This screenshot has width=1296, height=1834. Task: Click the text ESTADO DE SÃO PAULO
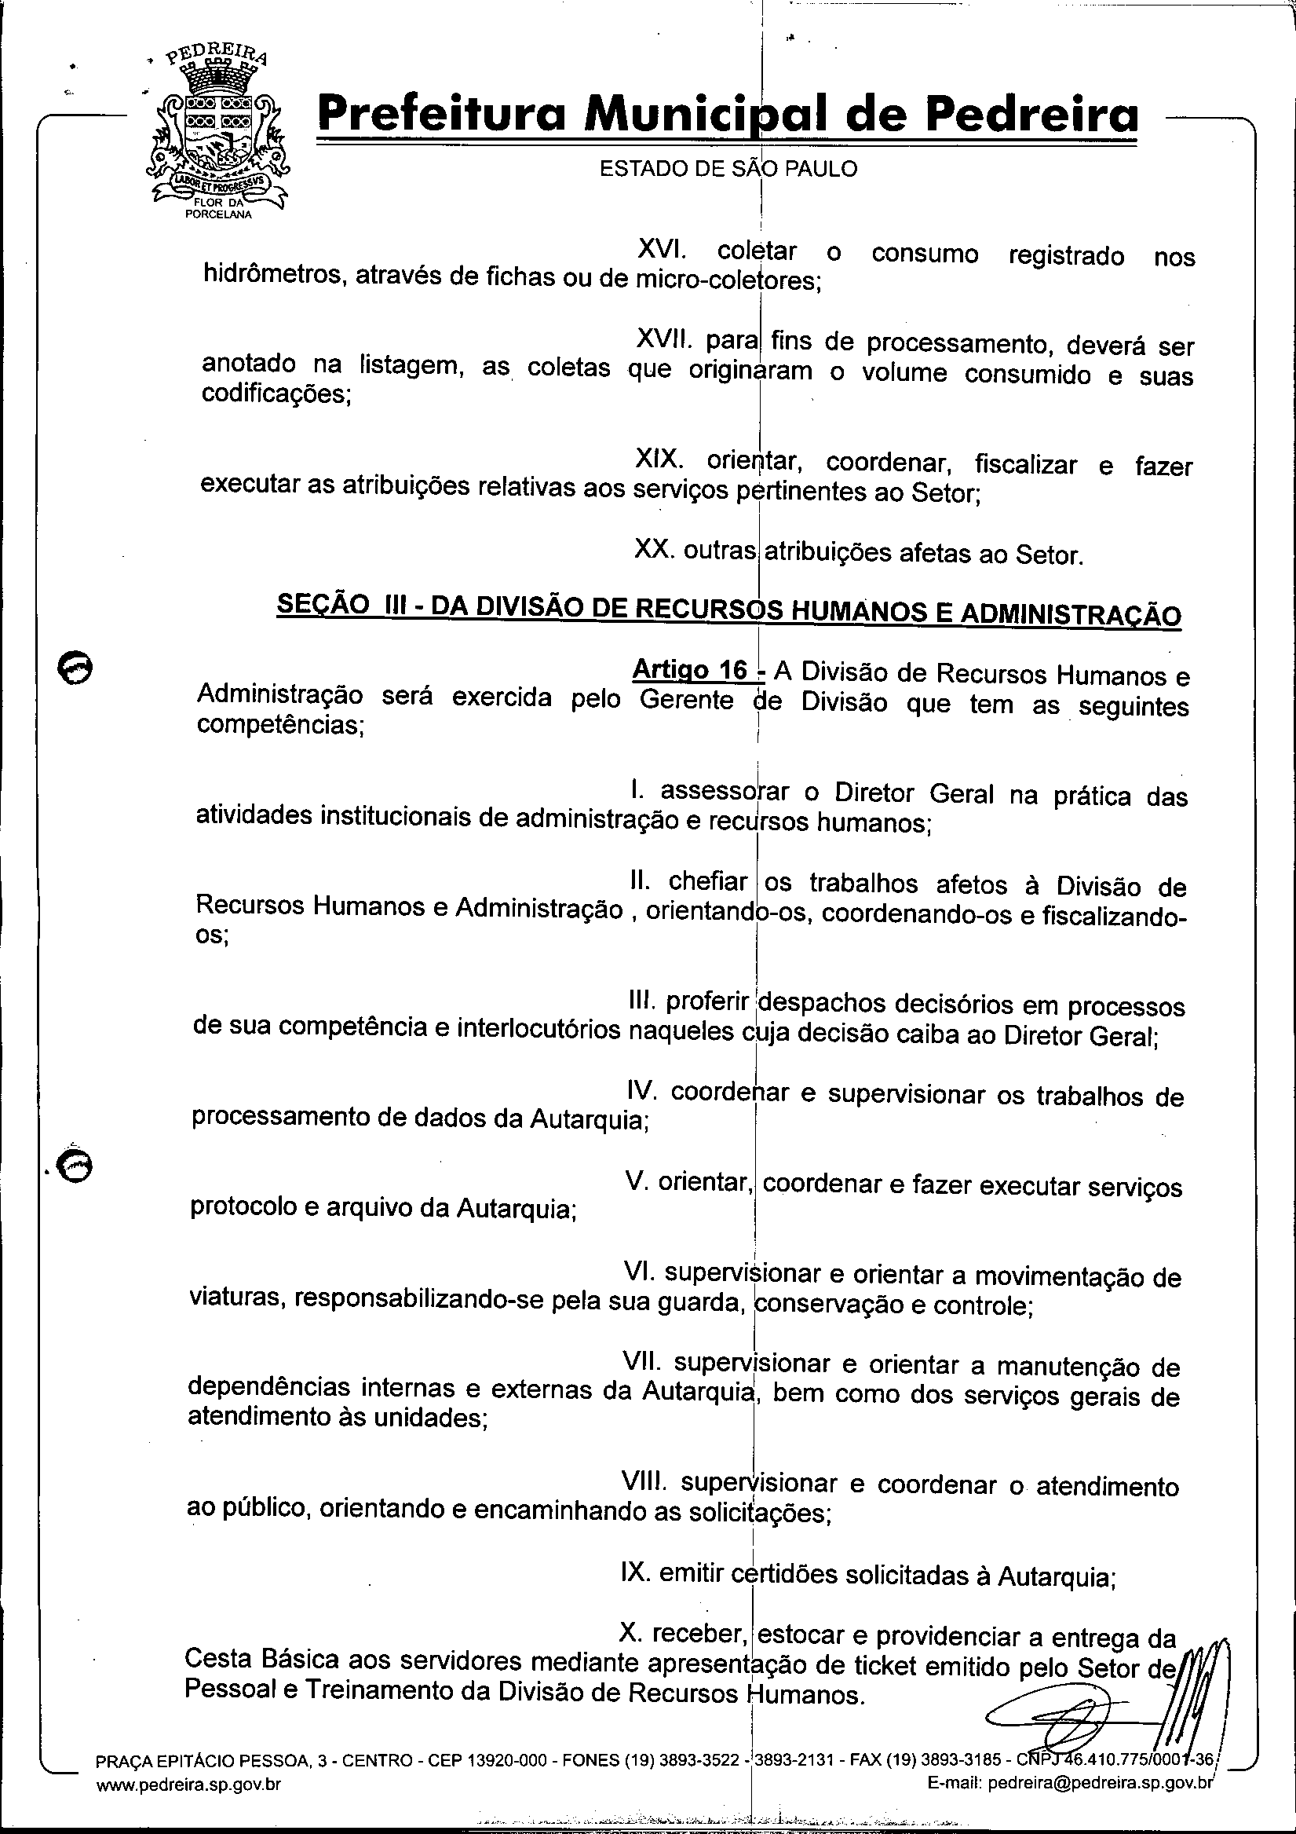pos(728,170)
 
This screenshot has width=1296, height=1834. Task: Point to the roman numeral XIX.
pos(658,459)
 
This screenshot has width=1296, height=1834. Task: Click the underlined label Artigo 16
pos(690,669)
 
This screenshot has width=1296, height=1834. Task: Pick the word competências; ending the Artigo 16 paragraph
pos(280,725)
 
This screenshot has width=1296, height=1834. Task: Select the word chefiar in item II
pos(707,881)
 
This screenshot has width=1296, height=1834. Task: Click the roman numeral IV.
pos(642,1089)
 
